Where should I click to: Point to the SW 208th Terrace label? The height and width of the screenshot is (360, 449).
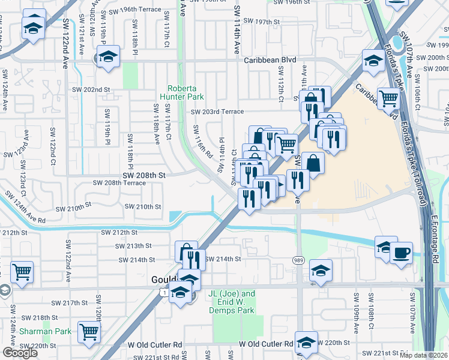[x=119, y=182]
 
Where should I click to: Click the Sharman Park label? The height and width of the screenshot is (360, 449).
[x=45, y=331]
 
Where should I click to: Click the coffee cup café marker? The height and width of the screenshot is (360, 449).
[x=401, y=252]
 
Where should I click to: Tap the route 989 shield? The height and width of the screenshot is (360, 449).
[x=298, y=260]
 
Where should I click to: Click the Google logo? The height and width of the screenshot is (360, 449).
[x=20, y=353]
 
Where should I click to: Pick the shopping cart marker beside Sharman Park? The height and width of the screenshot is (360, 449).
[x=89, y=330]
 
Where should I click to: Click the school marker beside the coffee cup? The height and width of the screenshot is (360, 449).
[x=385, y=247]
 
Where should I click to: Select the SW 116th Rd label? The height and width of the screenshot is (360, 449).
[x=203, y=141]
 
